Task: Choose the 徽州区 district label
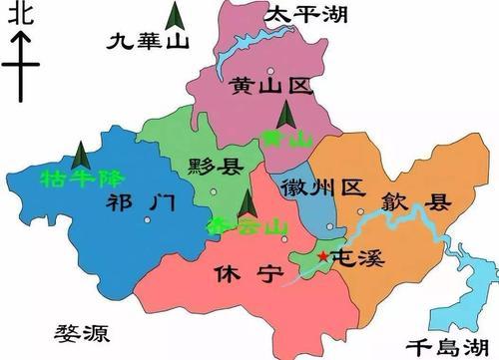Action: tap(324, 187)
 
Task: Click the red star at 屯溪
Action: tap(322, 257)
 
